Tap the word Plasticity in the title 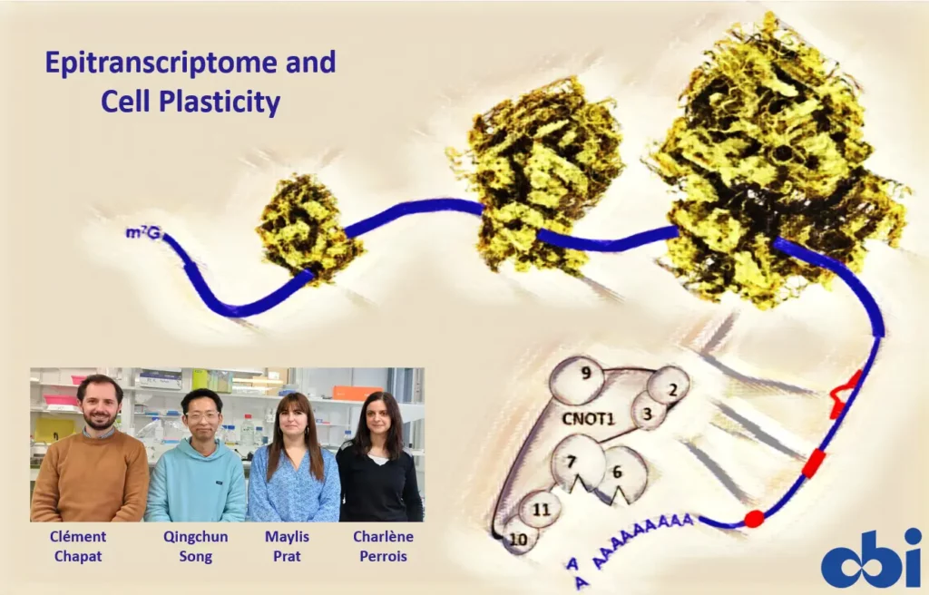[229, 102]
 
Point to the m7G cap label [142, 234]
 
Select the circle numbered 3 [649, 411]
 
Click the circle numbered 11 [541, 509]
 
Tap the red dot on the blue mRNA [754, 519]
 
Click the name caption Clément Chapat [78, 546]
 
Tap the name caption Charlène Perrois [383, 546]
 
